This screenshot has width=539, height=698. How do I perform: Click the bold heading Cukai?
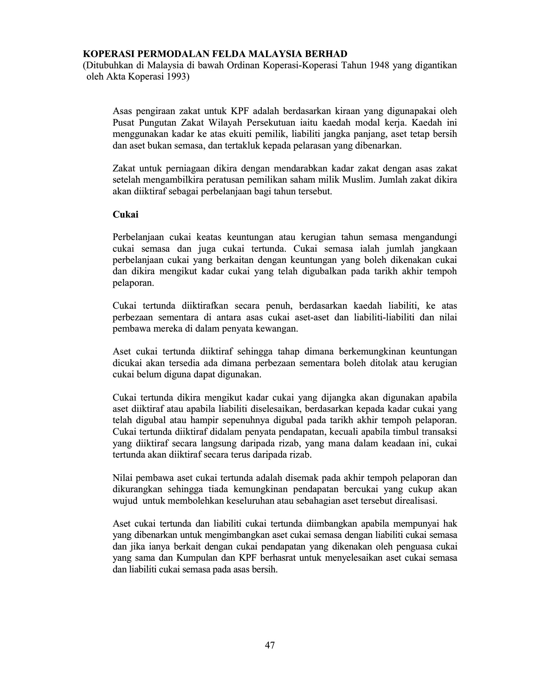click(125, 214)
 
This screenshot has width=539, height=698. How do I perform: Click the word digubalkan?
click(321, 271)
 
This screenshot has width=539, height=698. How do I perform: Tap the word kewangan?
click(280, 329)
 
